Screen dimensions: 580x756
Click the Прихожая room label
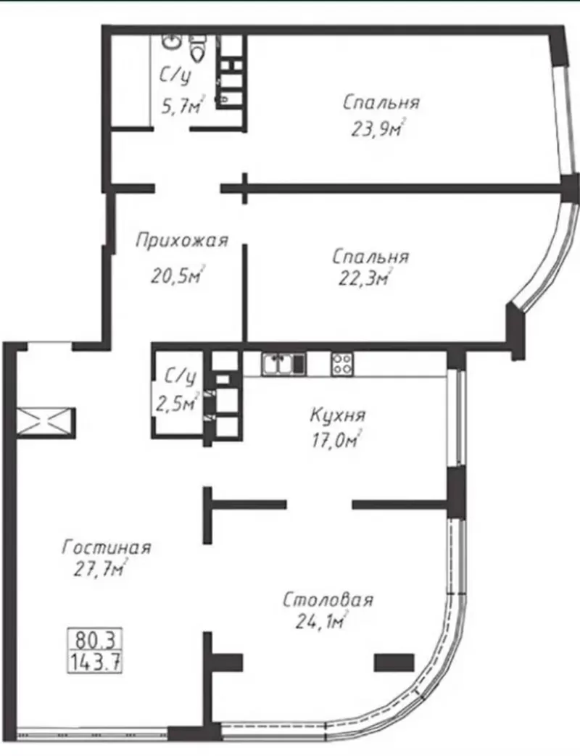tap(182, 240)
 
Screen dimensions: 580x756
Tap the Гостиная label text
tap(107, 547)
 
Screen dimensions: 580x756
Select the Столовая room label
tap(328, 600)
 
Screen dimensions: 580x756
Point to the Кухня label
tap(338, 415)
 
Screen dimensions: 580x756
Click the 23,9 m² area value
tap(378, 129)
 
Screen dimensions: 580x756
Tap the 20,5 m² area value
tap(178, 275)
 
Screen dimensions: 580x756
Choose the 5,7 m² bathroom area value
tap(183, 106)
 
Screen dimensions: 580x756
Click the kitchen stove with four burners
tap(341, 364)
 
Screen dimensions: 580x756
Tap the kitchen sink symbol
tap(283, 364)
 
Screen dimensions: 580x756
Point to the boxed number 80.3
tap(95, 640)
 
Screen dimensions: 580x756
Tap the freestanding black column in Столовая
tap(394, 662)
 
